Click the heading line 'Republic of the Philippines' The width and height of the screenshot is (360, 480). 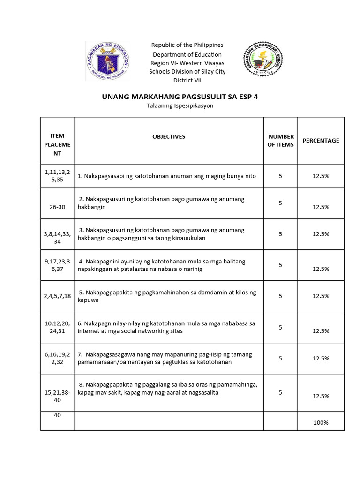(187, 45)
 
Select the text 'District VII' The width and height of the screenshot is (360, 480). (187, 80)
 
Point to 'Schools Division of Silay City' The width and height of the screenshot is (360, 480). (187, 71)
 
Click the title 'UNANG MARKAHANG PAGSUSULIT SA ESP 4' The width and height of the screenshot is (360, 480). (180, 97)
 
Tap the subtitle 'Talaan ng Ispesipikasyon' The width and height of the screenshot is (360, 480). (180, 106)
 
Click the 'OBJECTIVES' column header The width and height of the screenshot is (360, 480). (169, 137)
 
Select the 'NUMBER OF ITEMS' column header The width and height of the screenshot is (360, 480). (280, 141)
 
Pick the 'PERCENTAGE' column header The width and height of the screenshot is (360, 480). (321, 141)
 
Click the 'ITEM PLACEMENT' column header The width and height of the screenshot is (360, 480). (57, 144)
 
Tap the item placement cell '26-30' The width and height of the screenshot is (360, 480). (57, 207)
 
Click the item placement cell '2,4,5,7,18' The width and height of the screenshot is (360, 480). (57, 296)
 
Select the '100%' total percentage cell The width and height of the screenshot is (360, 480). (321, 423)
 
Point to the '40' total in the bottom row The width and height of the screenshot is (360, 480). (57, 415)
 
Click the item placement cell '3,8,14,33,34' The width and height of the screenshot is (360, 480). (57, 238)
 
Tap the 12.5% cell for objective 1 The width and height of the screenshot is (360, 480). (321, 176)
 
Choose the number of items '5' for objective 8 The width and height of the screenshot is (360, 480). (280, 393)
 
